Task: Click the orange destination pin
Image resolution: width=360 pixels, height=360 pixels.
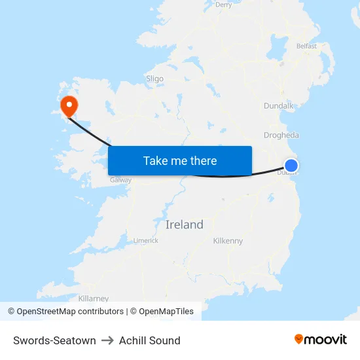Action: point(68,105)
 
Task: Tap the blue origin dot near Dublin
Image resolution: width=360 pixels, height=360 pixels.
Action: point(291,166)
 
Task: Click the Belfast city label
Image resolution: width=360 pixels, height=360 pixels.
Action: point(306,46)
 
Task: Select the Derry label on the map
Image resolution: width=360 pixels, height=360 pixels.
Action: point(224,5)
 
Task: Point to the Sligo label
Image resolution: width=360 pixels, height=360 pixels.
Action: point(154,79)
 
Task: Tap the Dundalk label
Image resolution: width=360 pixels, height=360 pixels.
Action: point(278,105)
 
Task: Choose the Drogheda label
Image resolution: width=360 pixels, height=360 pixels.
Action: point(281,135)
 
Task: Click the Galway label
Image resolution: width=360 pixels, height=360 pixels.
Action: point(120,180)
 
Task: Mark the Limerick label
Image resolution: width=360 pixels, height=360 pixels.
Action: point(145,240)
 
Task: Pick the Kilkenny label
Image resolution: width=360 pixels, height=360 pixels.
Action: point(228,241)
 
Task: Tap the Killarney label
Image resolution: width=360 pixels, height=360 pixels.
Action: point(93,298)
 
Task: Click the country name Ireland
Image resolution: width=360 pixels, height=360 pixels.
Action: point(184,225)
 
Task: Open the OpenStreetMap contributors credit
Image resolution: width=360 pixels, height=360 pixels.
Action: point(65,312)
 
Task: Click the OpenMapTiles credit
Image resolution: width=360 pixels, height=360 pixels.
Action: point(166,312)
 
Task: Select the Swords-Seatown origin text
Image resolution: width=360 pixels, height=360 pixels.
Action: point(54,340)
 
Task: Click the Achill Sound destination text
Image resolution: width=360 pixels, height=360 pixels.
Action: point(149,340)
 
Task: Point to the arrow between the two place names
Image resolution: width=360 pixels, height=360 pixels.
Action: point(107,340)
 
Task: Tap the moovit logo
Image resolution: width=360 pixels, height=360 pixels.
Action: point(321,339)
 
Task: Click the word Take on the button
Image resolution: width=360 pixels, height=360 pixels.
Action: point(155,160)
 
